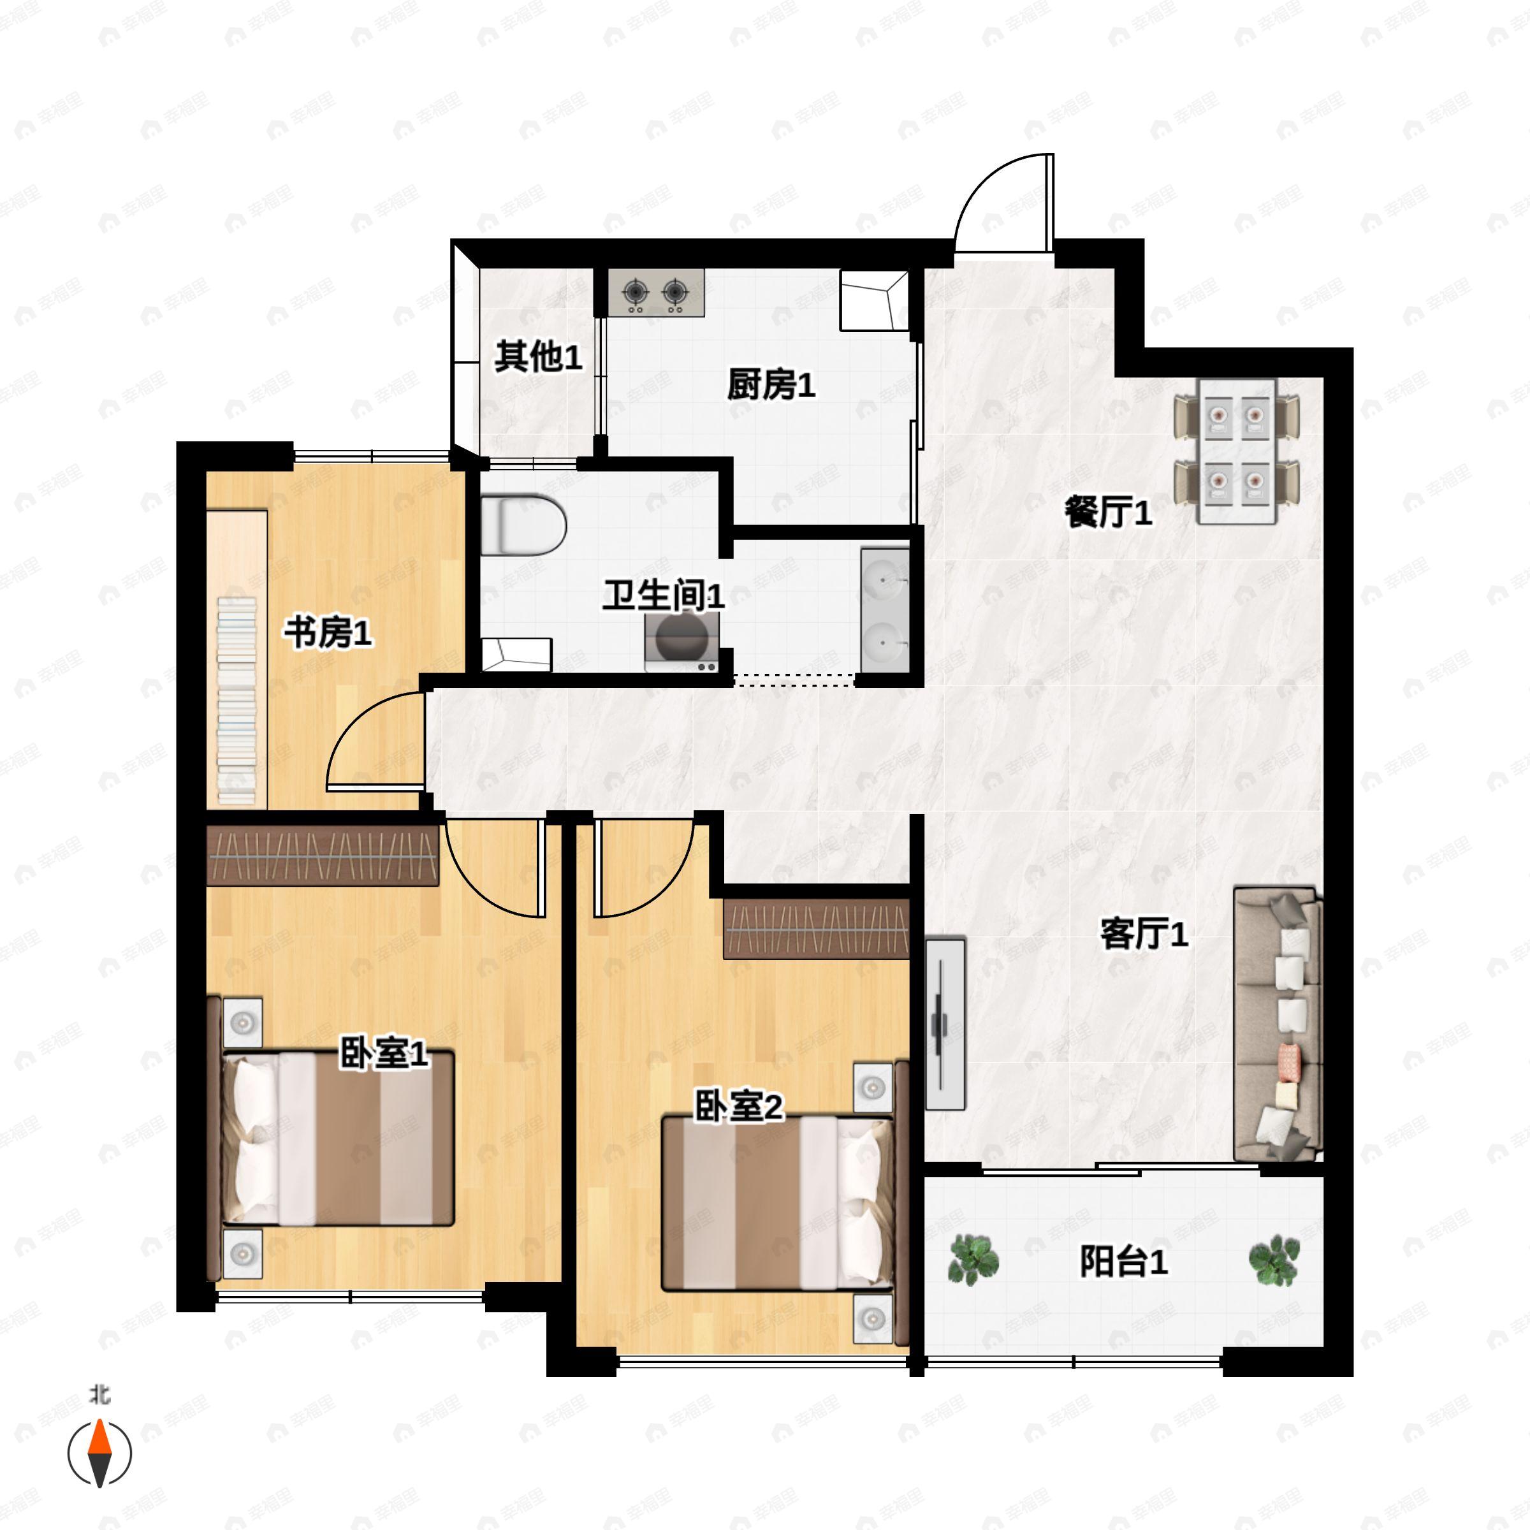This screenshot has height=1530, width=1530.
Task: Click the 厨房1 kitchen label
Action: click(771, 386)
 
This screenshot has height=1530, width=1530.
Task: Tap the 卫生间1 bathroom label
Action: click(663, 595)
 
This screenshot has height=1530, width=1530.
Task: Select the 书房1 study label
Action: click(328, 633)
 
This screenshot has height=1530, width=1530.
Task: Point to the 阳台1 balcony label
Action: click(1123, 1262)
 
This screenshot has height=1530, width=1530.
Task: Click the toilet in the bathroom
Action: click(523, 523)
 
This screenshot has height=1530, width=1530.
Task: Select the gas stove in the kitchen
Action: click(656, 293)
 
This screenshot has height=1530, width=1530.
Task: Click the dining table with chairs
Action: click(1236, 450)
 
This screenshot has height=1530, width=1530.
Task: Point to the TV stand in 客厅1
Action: click(945, 1024)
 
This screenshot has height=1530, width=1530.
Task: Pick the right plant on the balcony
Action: click(1274, 1260)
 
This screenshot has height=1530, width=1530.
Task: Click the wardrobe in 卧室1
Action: click(323, 856)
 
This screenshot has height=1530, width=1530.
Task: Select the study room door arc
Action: click(372, 740)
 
